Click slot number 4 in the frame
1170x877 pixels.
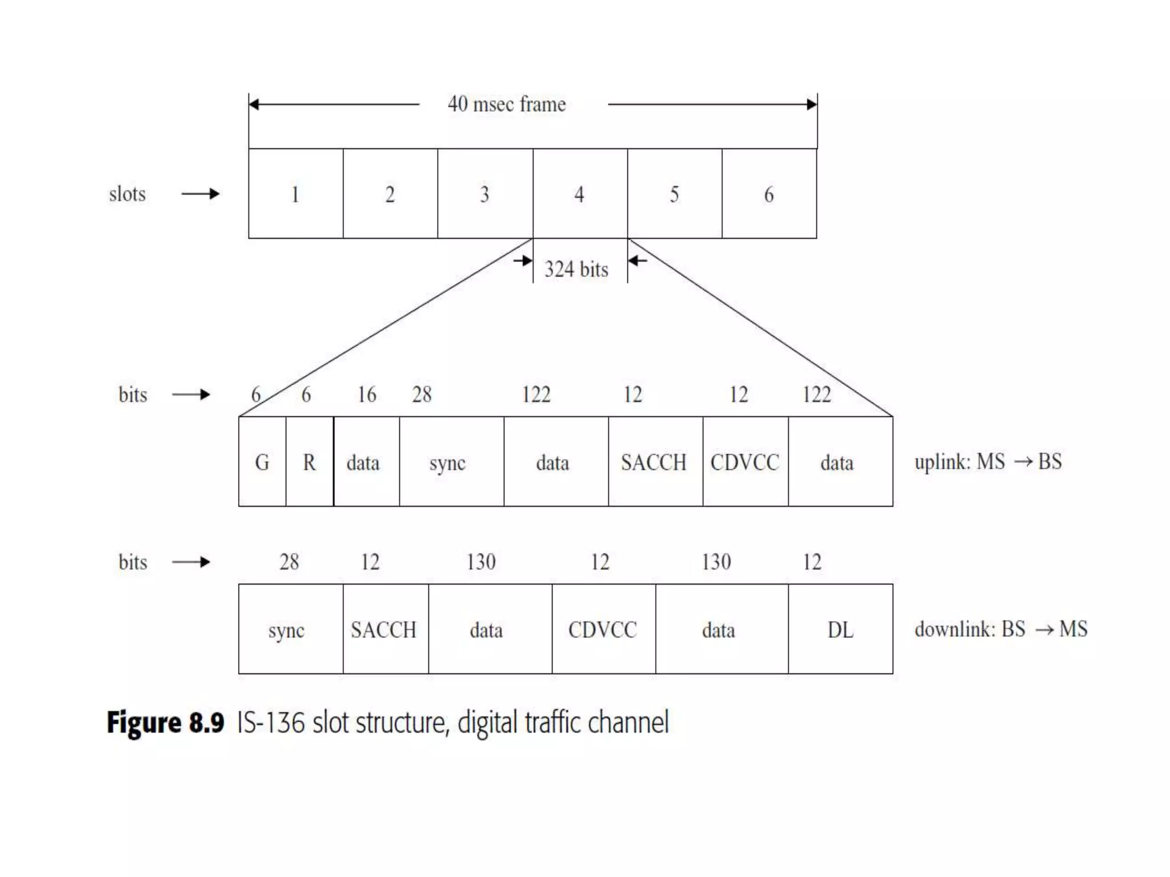click(579, 194)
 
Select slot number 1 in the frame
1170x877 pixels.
click(295, 194)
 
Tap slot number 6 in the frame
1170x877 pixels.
click(769, 194)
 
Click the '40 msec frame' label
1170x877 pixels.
click(507, 104)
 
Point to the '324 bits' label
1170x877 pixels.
click(576, 269)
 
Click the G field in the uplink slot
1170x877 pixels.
click(262, 462)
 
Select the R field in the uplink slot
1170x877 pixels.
click(309, 462)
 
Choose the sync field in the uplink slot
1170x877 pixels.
click(448, 462)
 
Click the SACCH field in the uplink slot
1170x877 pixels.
click(654, 462)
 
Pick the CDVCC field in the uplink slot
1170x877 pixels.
click(745, 462)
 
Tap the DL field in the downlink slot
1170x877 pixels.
click(840, 630)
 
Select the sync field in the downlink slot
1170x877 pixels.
click(287, 630)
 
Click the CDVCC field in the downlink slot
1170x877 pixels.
click(603, 630)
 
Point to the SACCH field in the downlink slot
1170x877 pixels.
click(384, 630)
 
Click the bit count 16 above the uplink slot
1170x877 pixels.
click(367, 395)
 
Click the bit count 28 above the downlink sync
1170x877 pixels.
click(289, 562)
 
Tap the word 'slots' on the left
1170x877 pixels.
click(127, 194)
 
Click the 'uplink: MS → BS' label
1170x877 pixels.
click(988, 462)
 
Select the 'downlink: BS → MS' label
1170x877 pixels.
click(1001, 629)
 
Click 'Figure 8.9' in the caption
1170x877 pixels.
click(166, 722)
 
